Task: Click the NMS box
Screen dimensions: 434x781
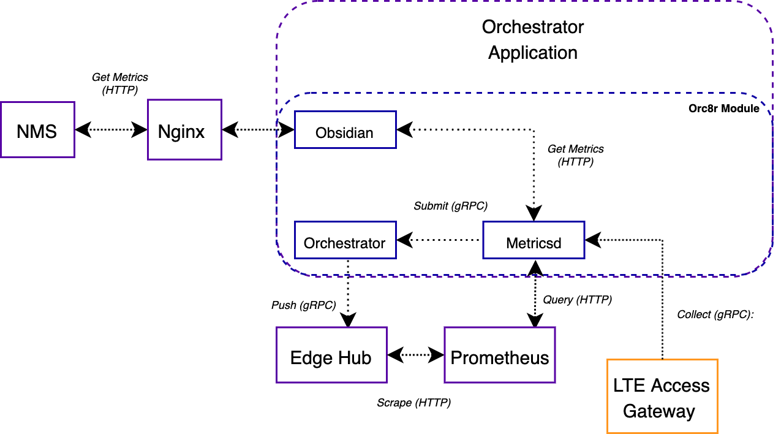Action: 37,131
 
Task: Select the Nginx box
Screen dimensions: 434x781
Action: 184,131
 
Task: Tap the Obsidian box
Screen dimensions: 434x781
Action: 345,131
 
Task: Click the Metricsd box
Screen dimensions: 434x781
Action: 534,241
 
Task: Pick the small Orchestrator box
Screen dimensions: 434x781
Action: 345,241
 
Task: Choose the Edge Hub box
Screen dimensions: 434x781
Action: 331,356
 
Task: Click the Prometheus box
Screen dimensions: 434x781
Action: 500,356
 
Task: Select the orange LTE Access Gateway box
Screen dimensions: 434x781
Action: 662,397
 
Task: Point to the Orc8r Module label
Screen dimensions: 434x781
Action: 723,108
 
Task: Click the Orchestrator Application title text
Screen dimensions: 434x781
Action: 533,40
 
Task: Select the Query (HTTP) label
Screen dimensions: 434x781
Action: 577,300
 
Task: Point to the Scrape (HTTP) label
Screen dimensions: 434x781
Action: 413,403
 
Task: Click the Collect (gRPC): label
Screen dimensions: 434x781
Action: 715,314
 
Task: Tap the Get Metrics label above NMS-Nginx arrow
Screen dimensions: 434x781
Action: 120,84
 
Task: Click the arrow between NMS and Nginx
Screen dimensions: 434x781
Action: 111,130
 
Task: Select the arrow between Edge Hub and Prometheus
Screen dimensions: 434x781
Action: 416,355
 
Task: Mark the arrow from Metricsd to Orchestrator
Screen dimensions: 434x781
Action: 439,240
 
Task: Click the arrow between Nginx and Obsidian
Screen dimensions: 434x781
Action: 258,130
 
